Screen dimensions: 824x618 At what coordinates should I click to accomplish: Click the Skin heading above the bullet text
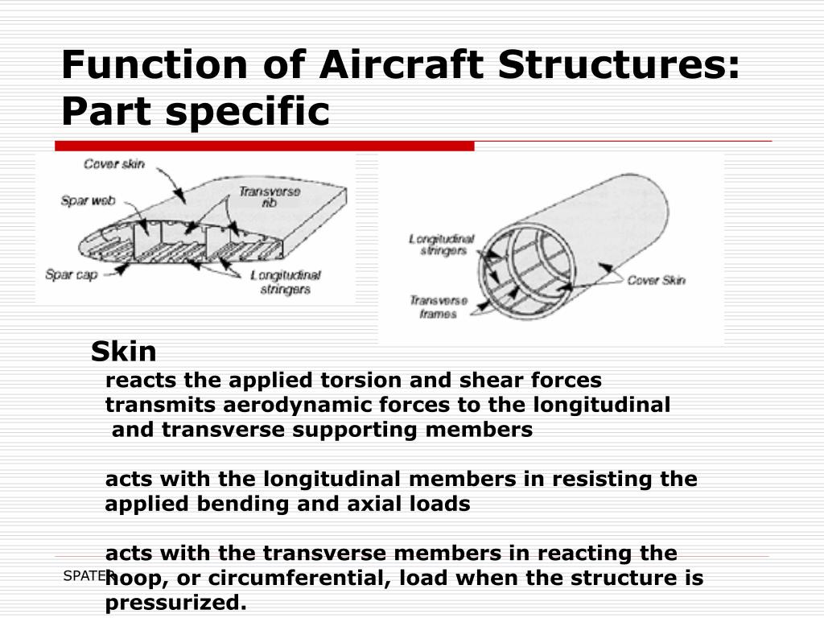[123, 352]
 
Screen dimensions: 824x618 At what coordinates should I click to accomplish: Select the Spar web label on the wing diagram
[86, 201]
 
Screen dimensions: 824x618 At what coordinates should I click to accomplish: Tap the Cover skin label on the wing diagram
[114, 164]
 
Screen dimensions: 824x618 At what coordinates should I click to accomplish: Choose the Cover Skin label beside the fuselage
[656, 280]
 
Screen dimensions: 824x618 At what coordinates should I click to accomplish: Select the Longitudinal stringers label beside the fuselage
[442, 245]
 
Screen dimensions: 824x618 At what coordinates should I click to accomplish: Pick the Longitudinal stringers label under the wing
[286, 282]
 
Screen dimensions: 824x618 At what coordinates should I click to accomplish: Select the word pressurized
[175, 603]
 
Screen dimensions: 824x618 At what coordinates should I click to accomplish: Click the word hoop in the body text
[133, 579]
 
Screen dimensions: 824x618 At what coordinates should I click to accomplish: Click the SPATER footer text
[84, 575]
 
